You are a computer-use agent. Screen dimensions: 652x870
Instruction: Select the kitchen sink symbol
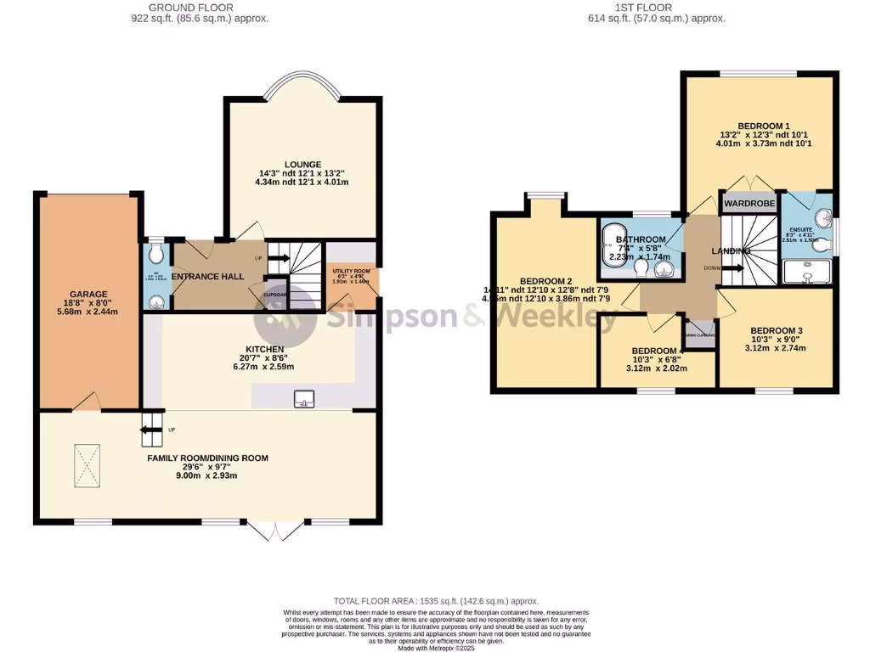pos(303,397)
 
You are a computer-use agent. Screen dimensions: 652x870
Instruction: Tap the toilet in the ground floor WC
pos(154,255)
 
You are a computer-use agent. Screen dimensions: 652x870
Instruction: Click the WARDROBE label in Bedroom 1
pos(748,204)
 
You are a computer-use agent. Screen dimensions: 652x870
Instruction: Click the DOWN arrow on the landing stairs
pos(732,268)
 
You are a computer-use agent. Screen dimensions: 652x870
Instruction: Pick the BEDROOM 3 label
pos(776,330)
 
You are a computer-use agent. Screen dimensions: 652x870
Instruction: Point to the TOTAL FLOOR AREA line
pos(434,600)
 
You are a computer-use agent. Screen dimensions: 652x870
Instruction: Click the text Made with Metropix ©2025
pos(434,648)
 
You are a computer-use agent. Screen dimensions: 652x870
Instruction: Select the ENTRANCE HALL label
pos(208,277)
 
